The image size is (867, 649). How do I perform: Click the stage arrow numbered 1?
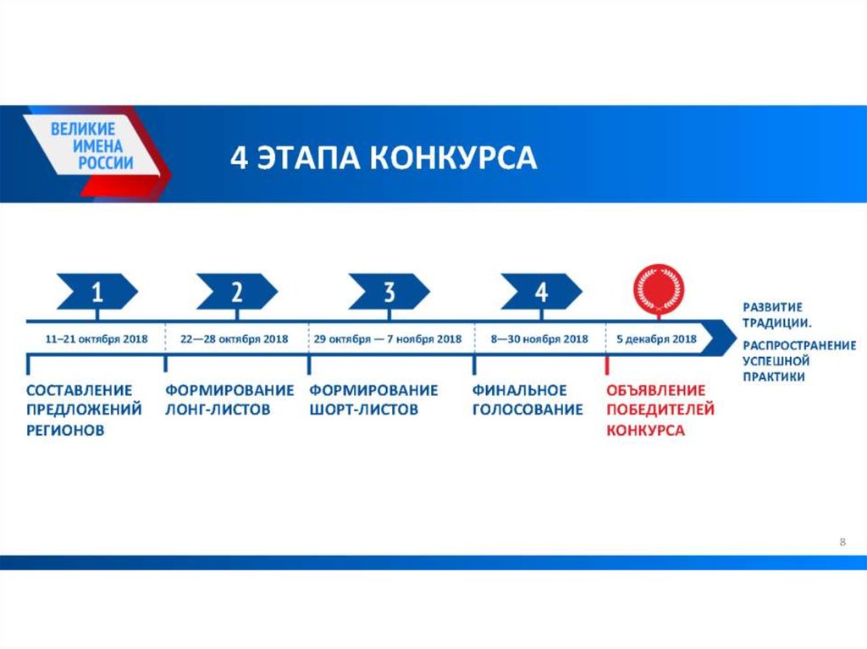tap(97, 291)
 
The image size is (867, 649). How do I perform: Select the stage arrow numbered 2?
tap(237, 291)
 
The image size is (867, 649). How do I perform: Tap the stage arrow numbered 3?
tap(389, 291)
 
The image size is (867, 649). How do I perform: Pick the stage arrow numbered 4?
tap(541, 291)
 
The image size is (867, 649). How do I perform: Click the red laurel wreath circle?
tap(659, 289)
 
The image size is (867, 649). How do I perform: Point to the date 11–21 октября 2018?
tap(97, 338)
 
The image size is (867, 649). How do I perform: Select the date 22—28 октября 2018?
tap(234, 338)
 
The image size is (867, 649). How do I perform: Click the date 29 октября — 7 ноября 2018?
tap(388, 338)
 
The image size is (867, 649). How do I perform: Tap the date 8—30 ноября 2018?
tap(539, 338)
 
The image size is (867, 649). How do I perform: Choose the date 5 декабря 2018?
tap(656, 338)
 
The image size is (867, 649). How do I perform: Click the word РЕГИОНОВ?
tap(65, 430)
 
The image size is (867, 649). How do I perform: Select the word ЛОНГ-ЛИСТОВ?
tap(218, 410)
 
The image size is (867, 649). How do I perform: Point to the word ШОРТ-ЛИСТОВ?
tap(363, 410)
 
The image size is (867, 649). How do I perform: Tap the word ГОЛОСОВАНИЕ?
tap(527, 410)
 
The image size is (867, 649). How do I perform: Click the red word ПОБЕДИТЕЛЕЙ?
tap(660, 410)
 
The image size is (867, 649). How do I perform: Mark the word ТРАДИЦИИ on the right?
tap(776, 323)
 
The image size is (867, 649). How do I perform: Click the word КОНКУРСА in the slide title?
tap(453, 157)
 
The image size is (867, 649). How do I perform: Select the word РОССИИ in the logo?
tap(106, 163)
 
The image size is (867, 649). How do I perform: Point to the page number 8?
tap(842, 542)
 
